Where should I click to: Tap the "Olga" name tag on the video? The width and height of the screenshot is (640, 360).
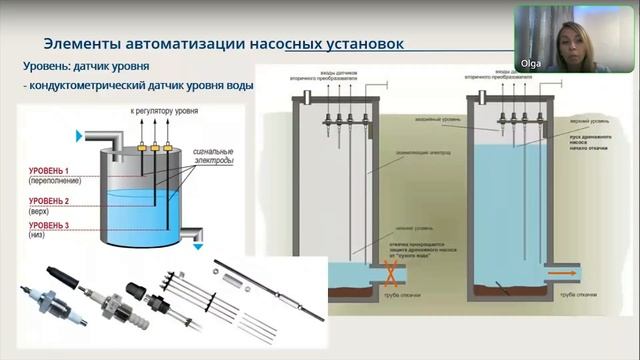pos(531,63)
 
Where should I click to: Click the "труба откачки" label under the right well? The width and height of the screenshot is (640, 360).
pos(578,296)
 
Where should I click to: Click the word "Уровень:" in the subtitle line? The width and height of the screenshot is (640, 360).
pos(50,68)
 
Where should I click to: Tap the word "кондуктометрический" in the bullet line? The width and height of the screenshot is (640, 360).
pos(93,86)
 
